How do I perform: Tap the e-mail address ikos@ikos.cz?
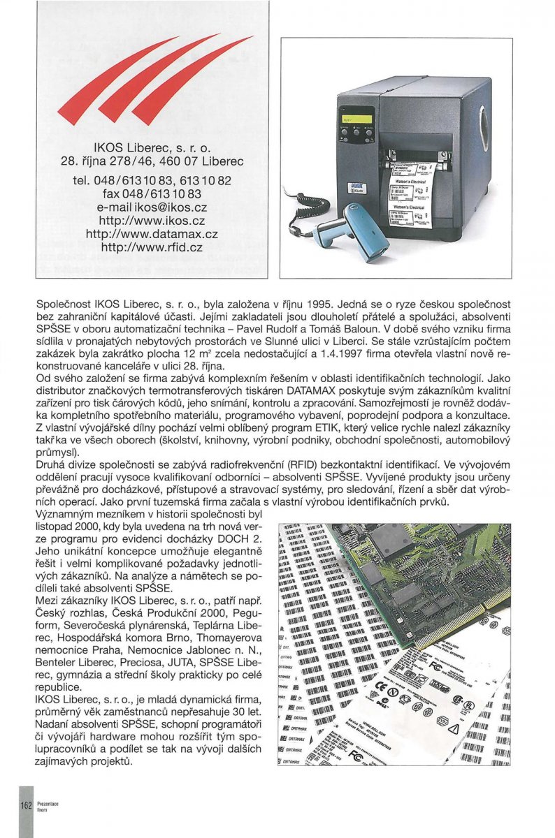pos(153,207)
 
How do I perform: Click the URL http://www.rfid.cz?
pos(152,247)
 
